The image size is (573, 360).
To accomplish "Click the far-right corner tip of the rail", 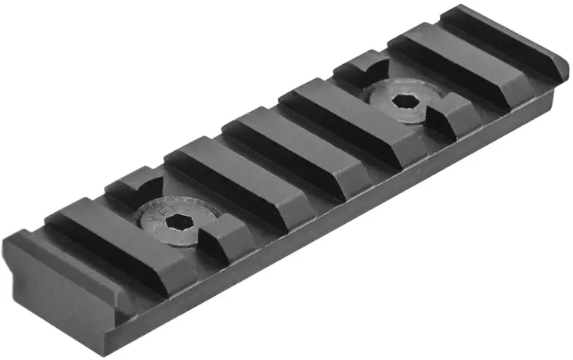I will coord(566,63).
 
